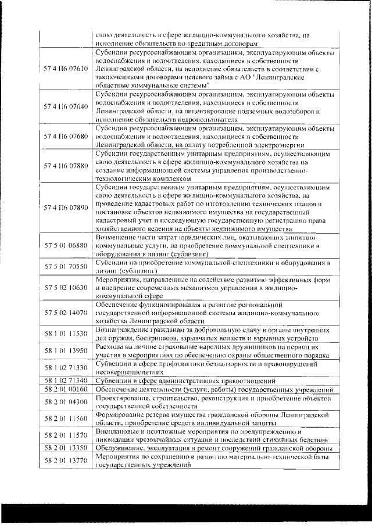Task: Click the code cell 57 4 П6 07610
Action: pos(66,69)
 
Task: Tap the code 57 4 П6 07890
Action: pos(66,207)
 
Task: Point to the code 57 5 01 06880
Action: pos(66,246)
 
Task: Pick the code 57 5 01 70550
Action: pos(66,266)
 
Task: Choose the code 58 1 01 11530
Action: pos(66,334)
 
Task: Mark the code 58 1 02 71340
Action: pos(66,380)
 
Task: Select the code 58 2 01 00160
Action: pos(66,389)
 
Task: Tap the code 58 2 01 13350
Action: pos(66,448)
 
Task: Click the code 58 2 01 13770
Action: pos(66,461)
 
